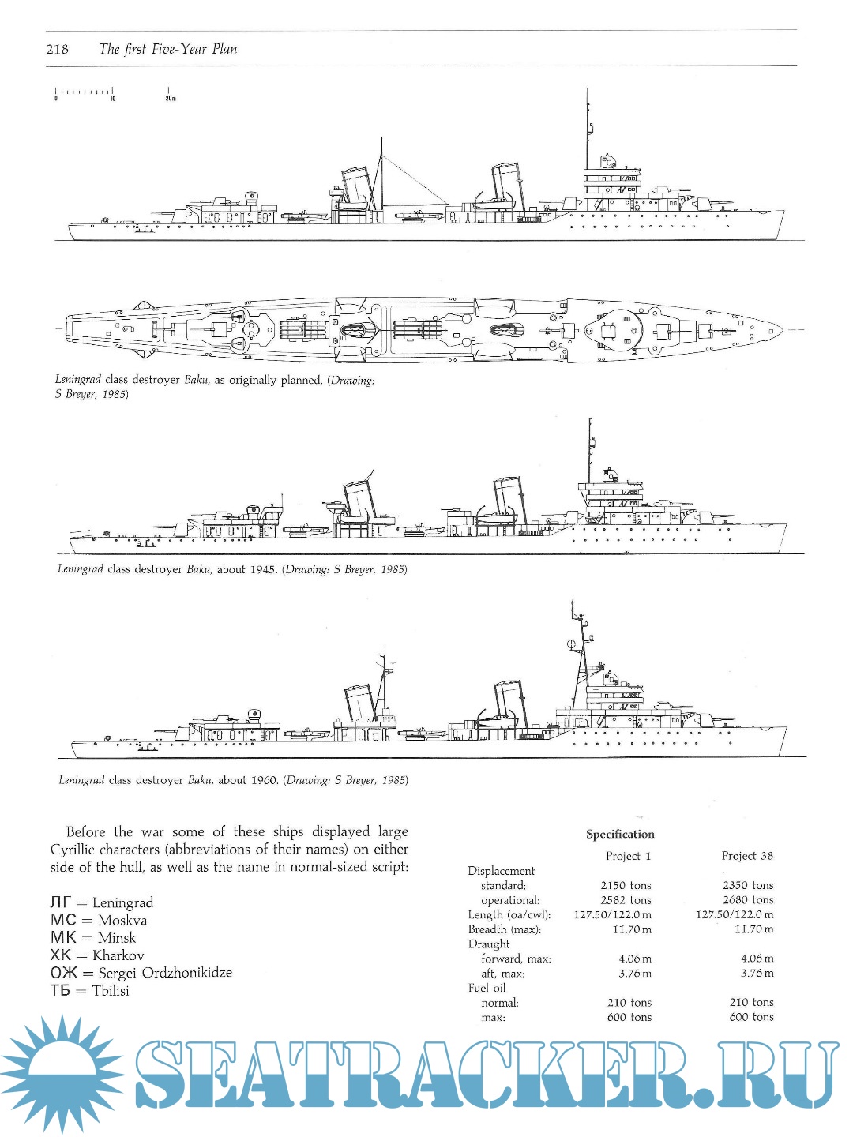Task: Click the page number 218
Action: (x=58, y=49)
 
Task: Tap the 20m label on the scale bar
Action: (x=171, y=99)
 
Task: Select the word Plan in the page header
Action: (x=224, y=49)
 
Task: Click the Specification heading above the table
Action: (x=620, y=834)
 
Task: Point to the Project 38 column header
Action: (x=747, y=856)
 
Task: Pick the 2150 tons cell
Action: (x=626, y=885)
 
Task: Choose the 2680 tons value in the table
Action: (x=748, y=900)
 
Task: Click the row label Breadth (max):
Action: (x=505, y=929)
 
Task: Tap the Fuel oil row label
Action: (x=487, y=988)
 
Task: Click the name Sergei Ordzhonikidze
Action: (x=165, y=973)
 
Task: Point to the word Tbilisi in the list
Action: (x=111, y=991)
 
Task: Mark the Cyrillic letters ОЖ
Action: (x=64, y=973)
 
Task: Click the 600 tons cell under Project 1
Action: (x=629, y=1017)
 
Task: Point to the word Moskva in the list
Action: (x=122, y=921)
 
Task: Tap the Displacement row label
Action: (x=502, y=871)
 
